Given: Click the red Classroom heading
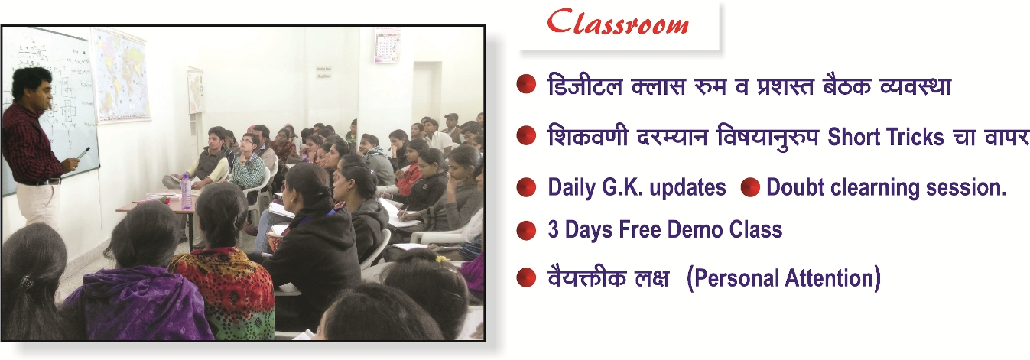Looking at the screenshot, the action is coord(618,23).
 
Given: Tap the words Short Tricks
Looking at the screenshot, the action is coord(885,137).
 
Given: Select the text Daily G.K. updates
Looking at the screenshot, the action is coord(637,188).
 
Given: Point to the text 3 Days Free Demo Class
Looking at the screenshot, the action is coord(665,229).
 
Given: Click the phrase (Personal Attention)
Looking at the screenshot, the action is coord(784,278).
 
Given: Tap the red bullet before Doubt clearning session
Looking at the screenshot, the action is coord(750,187).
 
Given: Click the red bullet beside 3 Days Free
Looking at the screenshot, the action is coord(527,230).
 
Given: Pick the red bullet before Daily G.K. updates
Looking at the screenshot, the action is coord(527,187).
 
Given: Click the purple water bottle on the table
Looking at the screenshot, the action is coord(186,191).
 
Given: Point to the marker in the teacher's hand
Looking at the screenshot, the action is coord(84,152).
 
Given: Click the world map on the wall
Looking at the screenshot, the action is coord(121,75).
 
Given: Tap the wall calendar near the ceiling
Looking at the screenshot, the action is coord(387,45).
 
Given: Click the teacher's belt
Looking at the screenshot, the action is coord(41,182).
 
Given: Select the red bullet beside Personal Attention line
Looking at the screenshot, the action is coord(527,278).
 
